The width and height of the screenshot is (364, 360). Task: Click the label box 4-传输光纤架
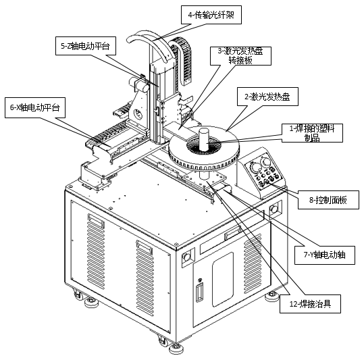(x=211, y=15)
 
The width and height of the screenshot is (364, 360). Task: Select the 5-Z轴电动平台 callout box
(x=86, y=46)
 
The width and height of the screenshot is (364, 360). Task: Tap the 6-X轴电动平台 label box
(x=35, y=107)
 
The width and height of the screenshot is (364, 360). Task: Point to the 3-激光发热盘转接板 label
(x=240, y=56)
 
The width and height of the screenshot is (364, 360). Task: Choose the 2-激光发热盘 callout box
(x=267, y=97)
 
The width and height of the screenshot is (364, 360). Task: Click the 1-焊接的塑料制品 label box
(x=312, y=133)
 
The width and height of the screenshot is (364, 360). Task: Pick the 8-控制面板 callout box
(x=328, y=200)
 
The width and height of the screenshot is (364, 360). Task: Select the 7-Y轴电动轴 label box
(x=325, y=255)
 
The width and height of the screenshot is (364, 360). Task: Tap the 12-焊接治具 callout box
(x=310, y=304)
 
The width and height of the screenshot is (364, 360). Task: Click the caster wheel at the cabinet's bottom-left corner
(x=77, y=294)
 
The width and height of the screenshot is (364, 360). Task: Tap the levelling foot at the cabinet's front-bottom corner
(x=176, y=349)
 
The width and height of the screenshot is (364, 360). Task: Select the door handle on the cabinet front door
(x=199, y=292)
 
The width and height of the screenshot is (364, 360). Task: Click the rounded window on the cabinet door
(x=223, y=280)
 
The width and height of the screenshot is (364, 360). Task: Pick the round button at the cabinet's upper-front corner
(x=186, y=257)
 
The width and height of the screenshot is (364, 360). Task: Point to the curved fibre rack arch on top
(x=151, y=45)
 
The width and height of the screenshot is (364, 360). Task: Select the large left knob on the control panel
(x=255, y=168)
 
